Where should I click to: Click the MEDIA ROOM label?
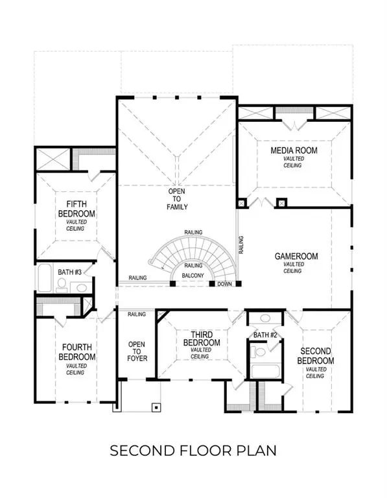click(x=293, y=151)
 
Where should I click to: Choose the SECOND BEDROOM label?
click(x=316, y=356)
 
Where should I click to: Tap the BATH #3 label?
click(x=69, y=272)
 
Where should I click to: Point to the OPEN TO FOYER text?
click(x=137, y=351)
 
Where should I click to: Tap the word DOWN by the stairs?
click(x=224, y=284)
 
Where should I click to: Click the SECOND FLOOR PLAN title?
click(x=193, y=449)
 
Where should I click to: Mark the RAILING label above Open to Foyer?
click(x=137, y=314)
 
